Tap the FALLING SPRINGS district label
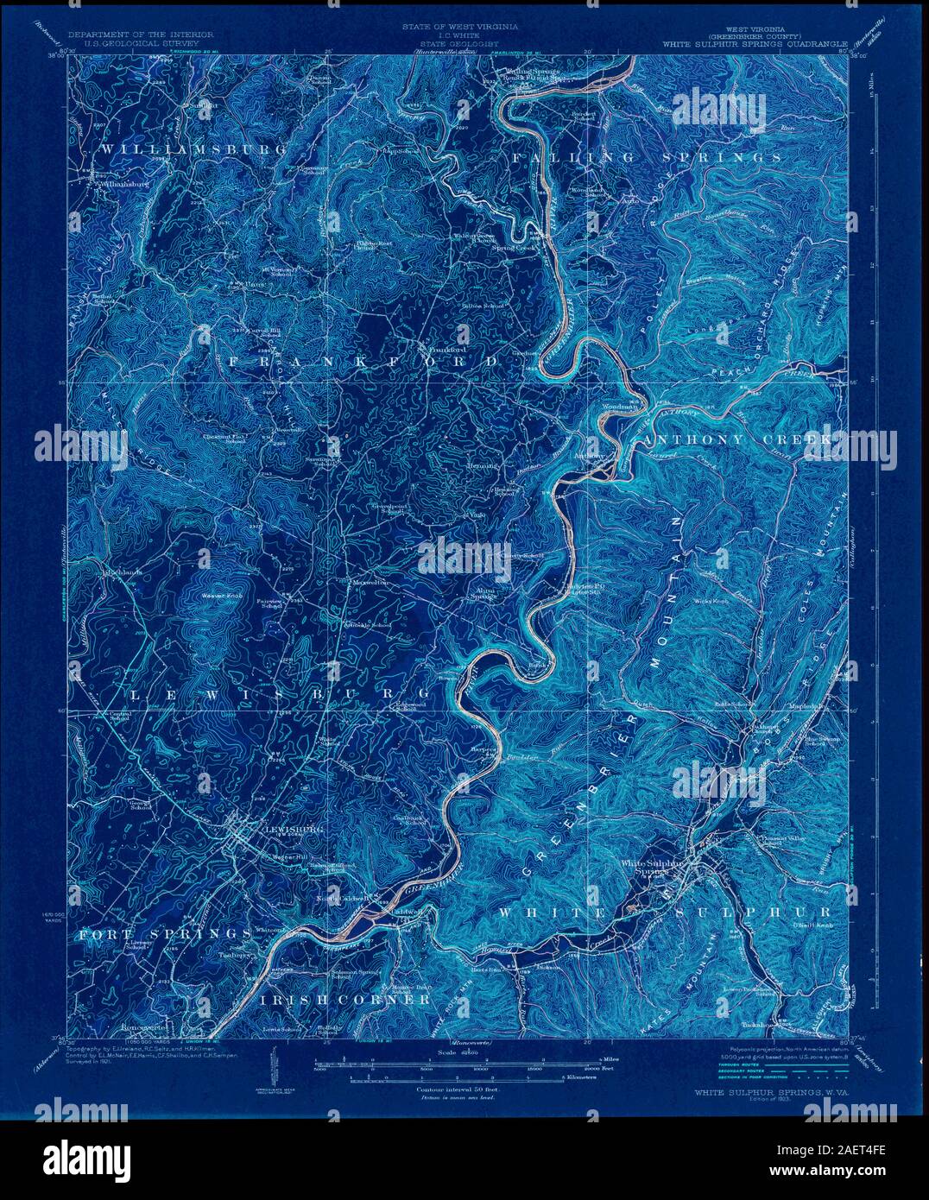647,158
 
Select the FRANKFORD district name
363,361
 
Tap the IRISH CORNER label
344,999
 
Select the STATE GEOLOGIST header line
458,41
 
